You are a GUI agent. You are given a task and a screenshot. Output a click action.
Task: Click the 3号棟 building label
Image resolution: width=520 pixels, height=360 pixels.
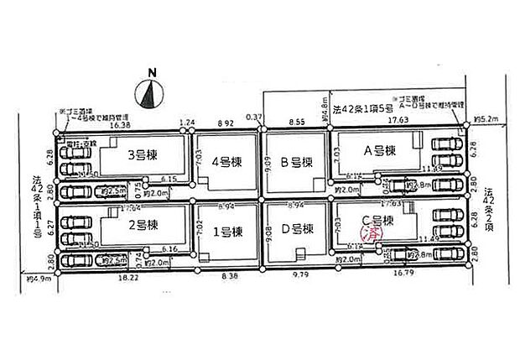click(143, 154)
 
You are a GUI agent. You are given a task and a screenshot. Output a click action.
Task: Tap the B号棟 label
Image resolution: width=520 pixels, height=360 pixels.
click(296, 162)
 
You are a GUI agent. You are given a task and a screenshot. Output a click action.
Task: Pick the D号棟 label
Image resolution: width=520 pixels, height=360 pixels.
click(296, 228)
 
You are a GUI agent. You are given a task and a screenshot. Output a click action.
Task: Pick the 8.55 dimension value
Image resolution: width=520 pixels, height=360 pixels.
click(296, 123)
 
